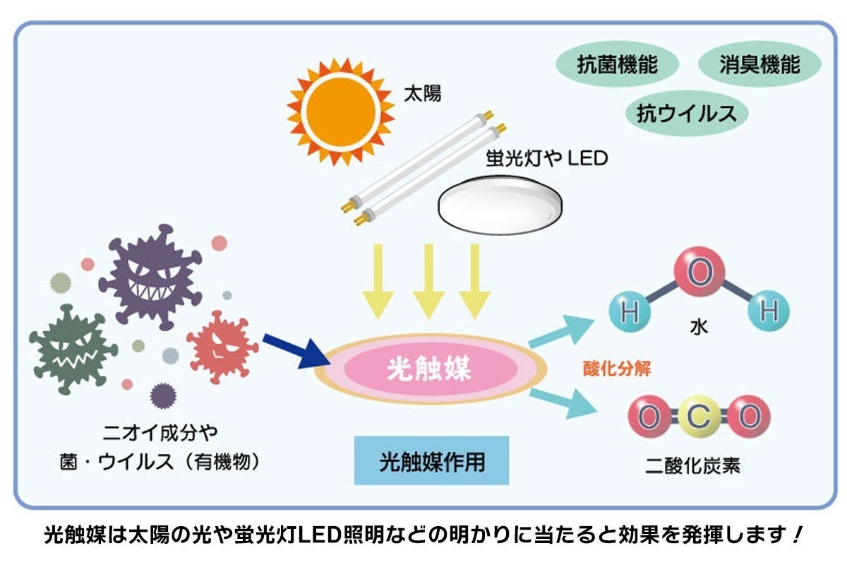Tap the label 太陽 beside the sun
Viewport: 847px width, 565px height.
pyautogui.click(x=422, y=93)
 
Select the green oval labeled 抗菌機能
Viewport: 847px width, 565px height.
pyautogui.click(x=618, y=65)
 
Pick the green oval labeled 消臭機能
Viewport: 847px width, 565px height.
pyautogui.click(x=759, y=65)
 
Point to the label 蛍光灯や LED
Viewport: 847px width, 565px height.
pyautogui.click(x=546, y=157)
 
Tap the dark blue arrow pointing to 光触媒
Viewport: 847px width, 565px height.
pyautogui.click(x=295, y=350)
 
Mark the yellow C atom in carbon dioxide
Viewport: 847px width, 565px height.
pyautogui.click(x=698, y=417)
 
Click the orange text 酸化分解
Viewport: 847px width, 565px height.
pyautogui.click(x=617, y=369)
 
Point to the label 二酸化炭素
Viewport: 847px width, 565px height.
pyautogui.click(x=693, y=466)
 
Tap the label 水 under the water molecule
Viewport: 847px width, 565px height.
pyautogui.click(x=699, y=327)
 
